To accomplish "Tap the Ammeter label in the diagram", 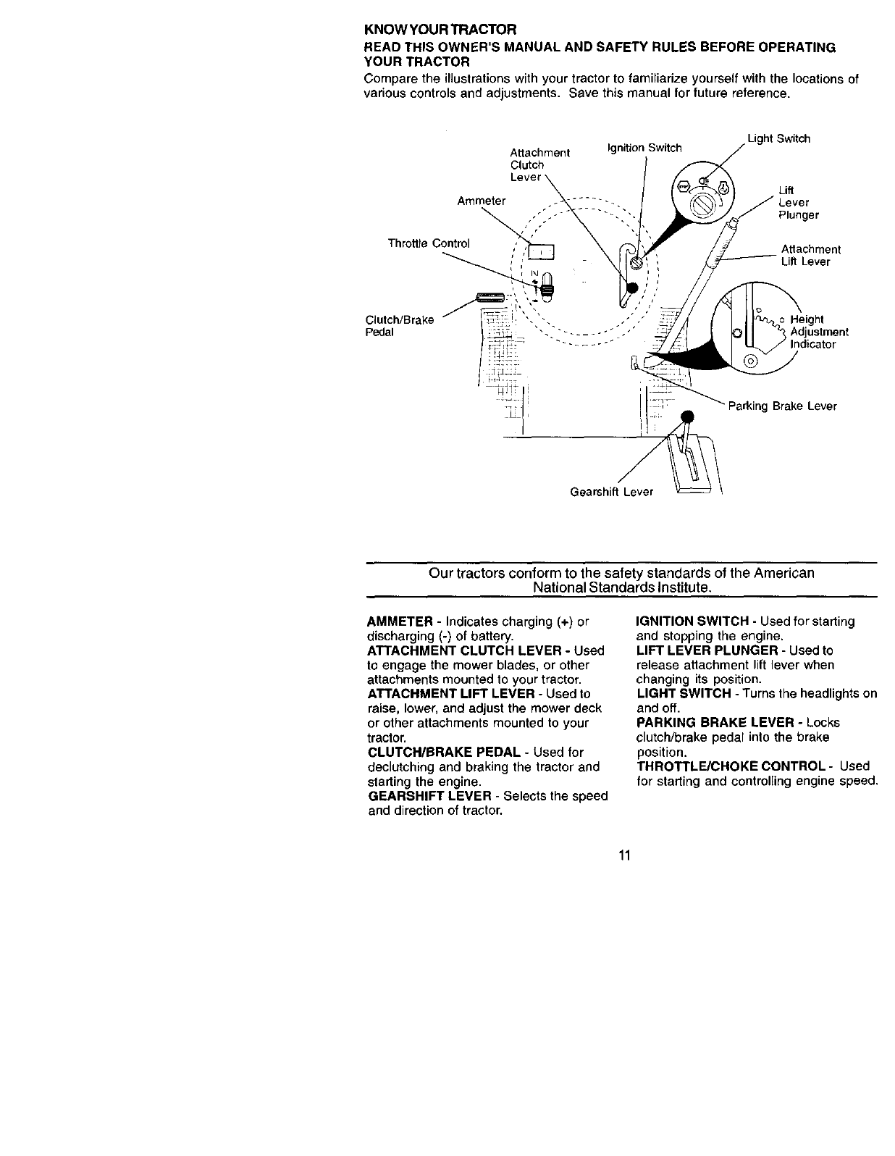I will (x=482, y=201).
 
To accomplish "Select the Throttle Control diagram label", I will (x=429, y=243).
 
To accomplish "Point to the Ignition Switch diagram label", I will (x=643, y=148).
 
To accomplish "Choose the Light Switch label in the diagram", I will (x=778, y=138).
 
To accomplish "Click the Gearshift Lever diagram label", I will (x=611, y=492).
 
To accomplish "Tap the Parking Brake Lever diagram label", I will (x=782, y=406).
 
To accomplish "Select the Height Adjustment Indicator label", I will (x=818, y=332).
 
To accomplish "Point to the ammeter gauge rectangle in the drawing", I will (x=540, y=251).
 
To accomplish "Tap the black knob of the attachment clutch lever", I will (x=631, y=288).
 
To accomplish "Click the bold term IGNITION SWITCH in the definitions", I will (x=692, y=621).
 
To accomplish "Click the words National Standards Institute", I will (x=621, y=587).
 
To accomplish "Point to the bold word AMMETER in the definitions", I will (x=400, y=622).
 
